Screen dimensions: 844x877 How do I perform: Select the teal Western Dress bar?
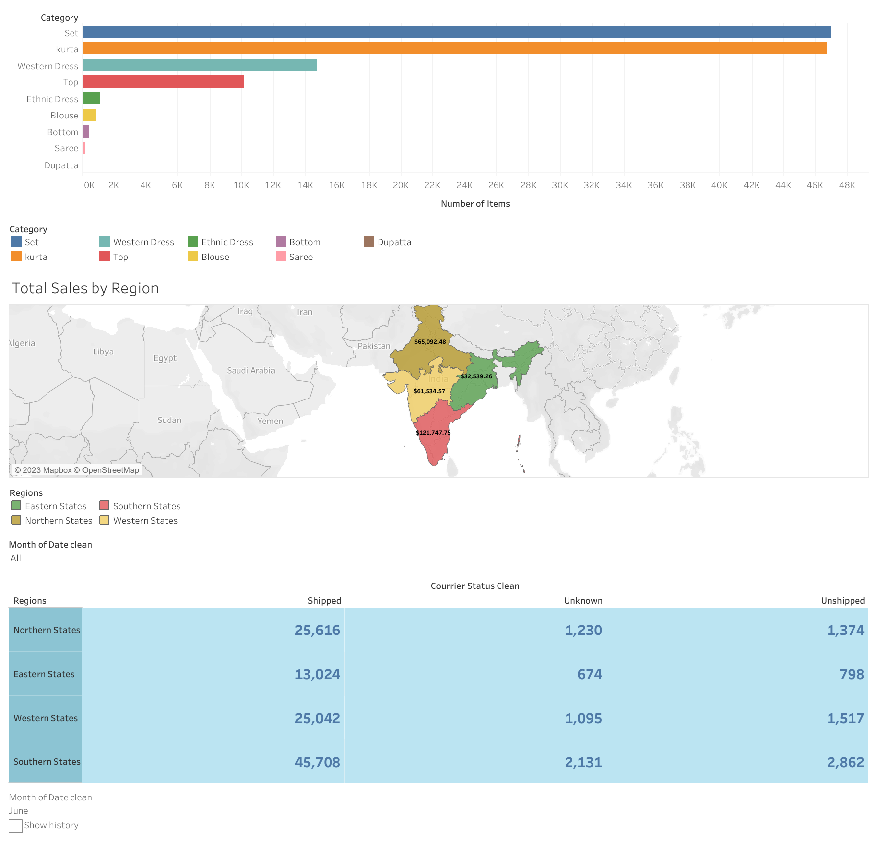[199, 65]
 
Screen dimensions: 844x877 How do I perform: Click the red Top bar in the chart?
[163, 81]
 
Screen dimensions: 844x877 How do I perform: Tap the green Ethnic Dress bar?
[91, 98]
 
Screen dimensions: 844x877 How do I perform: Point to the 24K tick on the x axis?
[464, 185]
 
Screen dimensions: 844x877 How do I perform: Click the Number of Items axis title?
[475, 204]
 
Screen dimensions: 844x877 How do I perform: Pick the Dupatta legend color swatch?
[369, 242]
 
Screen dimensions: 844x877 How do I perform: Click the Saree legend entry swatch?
[281, 257]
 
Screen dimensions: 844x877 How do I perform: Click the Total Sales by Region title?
[85, 288]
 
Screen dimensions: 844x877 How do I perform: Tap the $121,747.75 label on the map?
[433, 433]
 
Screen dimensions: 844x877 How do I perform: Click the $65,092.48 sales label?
[430, 342]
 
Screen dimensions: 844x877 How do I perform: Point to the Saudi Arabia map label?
[251, 371]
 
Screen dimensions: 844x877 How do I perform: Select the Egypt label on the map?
[165, 358]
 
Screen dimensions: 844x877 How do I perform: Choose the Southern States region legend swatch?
[104, 506]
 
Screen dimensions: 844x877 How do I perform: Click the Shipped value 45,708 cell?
[317, 762]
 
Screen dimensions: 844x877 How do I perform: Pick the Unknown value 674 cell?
[590, 674]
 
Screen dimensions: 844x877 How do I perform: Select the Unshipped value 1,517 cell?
[845, 718]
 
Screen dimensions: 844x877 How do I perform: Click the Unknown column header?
[583, 601]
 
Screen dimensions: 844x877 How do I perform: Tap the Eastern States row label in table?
[44, 674]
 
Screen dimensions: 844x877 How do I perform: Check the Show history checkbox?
[16, 826]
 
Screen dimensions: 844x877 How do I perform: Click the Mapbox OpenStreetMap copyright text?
[77, 470]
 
